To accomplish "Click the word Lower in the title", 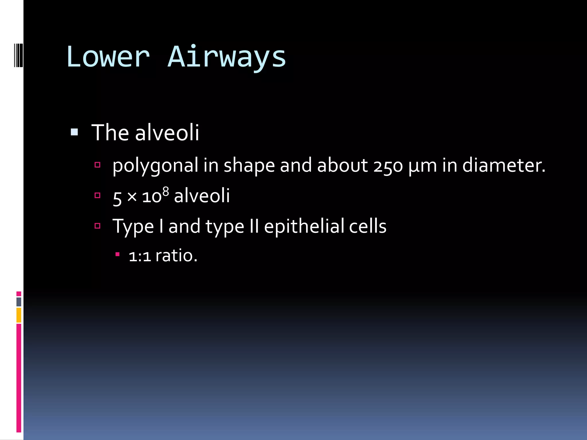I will [108, 57].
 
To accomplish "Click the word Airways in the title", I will [227, 57].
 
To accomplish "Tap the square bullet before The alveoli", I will [74, 132].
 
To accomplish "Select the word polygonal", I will [155, 166].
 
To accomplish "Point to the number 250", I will [388, 166].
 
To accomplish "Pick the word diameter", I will [504, 166].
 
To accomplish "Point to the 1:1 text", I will [140, 256].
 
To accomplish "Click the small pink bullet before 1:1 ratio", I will [117, 254].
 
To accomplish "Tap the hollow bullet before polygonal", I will [97, 165].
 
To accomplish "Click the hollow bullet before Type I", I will [97, 226].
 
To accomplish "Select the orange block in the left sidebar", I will [19, 315].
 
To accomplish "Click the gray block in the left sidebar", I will [19, 302].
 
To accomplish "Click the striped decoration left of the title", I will [19, 55].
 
